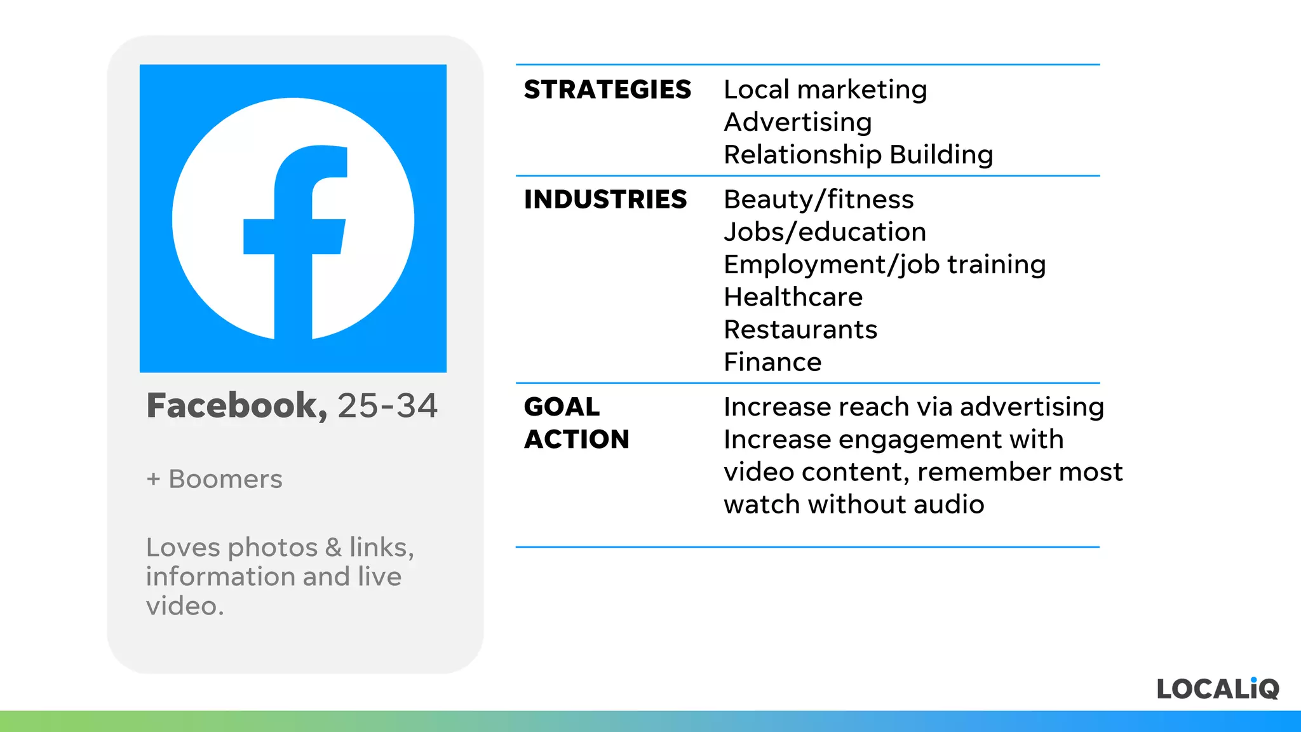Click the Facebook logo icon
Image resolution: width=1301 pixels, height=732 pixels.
[293, 218]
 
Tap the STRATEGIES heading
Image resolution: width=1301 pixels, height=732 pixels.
[607, 90]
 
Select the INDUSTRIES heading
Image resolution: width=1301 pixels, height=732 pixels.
[605, 200]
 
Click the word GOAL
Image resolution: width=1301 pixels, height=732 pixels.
[562, 407]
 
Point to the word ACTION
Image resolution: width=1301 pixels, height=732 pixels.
[576, 439]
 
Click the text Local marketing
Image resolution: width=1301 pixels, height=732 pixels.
[825, 90]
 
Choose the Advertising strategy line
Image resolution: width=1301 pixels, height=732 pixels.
[798, 122]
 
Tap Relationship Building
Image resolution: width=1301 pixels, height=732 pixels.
[858, 154]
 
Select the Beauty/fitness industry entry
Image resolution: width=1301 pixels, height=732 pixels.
[819, 200]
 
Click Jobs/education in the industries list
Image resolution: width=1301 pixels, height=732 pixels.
[825, 232]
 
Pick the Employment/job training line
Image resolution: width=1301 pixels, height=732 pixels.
[884, 264]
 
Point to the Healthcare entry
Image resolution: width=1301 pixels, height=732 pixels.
[793, 297]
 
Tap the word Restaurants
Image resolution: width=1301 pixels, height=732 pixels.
[800, 329]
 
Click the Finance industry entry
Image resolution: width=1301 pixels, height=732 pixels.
[772, 362]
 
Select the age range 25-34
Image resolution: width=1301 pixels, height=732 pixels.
[388, 405]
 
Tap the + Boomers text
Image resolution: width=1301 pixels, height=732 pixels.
[214, 479]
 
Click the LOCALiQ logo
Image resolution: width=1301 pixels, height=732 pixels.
[1218, 689]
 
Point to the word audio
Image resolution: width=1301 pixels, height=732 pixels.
[949, 505]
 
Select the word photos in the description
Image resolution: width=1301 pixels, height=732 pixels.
[273, 548]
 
